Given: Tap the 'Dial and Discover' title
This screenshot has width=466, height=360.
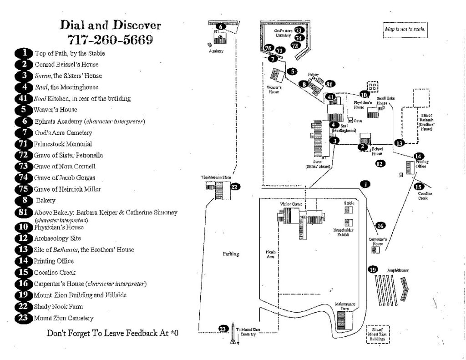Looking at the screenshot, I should (x=111, y=25).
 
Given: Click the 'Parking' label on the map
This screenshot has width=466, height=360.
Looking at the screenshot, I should (x=231, y=254).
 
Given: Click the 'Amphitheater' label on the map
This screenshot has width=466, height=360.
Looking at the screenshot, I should (x=398, y=270).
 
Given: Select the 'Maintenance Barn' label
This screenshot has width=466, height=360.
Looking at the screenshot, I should (x=345, y=306).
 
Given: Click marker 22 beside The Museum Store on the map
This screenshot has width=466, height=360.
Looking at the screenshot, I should (x=235, y=187).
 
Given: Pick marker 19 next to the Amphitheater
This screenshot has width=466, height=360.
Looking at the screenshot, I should (x=373, y=270).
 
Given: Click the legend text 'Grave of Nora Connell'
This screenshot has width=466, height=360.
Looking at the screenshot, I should (x=65, y=166).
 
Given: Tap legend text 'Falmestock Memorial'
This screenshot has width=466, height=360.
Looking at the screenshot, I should (x=63, y=144).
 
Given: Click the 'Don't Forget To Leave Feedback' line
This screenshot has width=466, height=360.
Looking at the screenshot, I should (x=112, y=333).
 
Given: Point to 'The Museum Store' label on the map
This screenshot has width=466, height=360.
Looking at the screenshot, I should (x=214, y=177).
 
